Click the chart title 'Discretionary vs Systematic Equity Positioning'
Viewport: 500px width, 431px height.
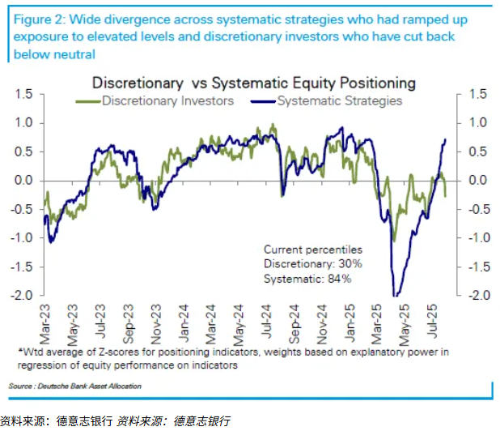click(254, 83)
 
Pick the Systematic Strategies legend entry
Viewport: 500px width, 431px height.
click(339, 100)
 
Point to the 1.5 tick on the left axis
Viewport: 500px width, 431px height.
click(24, 94)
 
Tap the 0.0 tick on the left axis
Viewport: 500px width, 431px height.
click(24, 180)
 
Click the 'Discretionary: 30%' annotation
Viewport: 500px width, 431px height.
click(312, 264)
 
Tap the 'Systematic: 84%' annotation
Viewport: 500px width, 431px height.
click(307, 279)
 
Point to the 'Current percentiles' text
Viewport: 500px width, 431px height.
click(313, 250)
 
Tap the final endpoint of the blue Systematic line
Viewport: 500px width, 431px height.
click(446, 139)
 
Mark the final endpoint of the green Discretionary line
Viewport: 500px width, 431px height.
click(446, 196)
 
